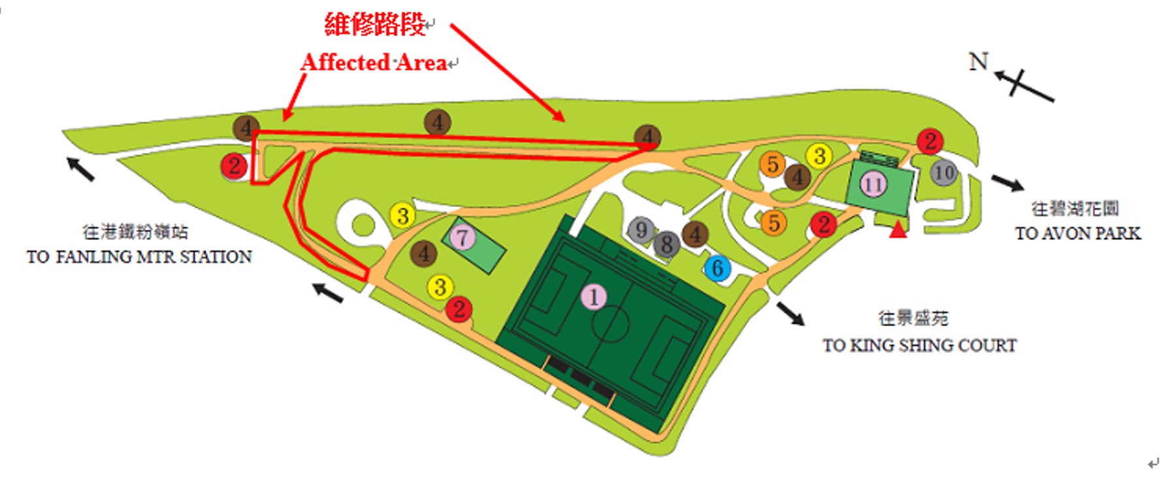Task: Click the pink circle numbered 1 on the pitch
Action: (x=593, y=297)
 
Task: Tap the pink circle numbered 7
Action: (x=463, y=237)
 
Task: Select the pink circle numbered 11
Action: (x=874, y=184)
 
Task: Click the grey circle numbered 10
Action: (x=943, y=173)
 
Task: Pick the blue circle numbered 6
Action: (x=717, y=268)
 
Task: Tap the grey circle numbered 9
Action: (x=641, y=229)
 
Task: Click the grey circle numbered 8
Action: (x=666, y=244)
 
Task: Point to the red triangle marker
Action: (x=898, y=229)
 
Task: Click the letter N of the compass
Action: (x=978, y=61)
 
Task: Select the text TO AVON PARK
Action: (x=1077, y=233)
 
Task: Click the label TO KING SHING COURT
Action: (x=919, y=345)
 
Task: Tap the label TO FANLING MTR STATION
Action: (x=139, y=257)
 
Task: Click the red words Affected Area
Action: (x=374, y=63)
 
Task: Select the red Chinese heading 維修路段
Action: (x=375, y=25)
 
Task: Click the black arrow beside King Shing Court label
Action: (x=791, y=313)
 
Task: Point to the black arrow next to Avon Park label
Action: (x=1007, y=183)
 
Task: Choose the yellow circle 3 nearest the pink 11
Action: (x=819, y=156)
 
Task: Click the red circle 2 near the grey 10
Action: (x=930, y=141)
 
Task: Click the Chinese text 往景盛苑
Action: (x=913, y=318)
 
